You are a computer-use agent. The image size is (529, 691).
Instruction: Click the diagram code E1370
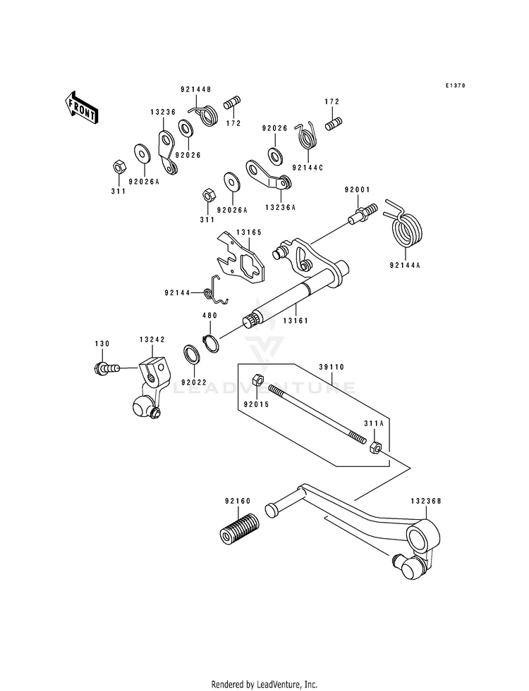pyautogui.click(x=454, y=85)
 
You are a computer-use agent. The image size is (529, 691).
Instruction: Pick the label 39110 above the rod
pyautogui.click(x=332, y=367)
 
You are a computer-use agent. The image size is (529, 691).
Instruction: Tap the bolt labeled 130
pyautogui.click(x=107, y=367)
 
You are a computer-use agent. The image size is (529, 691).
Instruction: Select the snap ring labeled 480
pyautogui.click(x=210, y=343)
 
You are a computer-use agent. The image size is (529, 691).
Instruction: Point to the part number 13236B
pyautogui.click(x=426, y=501)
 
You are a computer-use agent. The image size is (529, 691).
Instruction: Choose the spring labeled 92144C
pyautogui.click(x=307, y=136)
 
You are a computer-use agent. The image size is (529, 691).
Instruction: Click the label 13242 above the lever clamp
pyautogui.click(x=152, y=340)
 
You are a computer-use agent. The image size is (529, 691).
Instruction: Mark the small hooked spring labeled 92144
pyautogui.click(x=217, y=290)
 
